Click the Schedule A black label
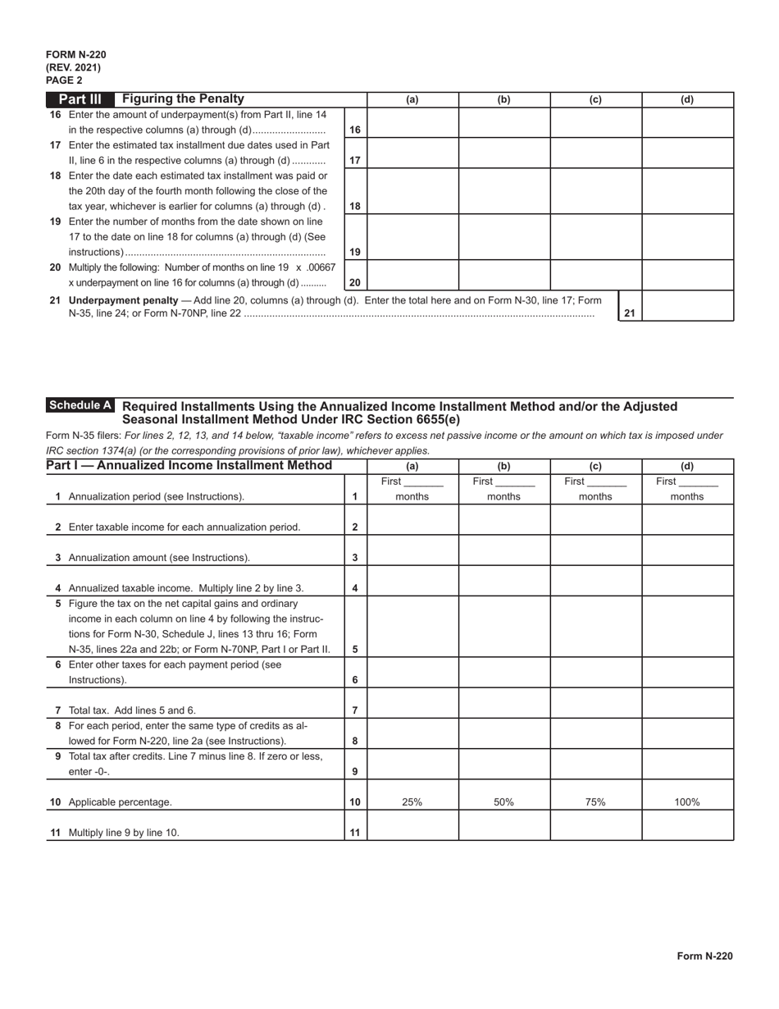pyautogui.click(x=80, y=405)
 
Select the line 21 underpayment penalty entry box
pyautogui.click(x=687, y=305)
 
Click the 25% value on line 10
pyautogui.click(x=412, y=802)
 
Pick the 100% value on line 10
pyautogui.click(x=687, y=802)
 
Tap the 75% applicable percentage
pyautogui.click(x=595, y=802)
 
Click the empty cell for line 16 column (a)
pyautogui.click(x=412, y=122)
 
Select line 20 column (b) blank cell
pyautogui.click(x=504, y=275)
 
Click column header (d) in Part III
pyautogui.click(x=687, y=100)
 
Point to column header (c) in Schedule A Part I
pyautogui.click(x=595, y=466)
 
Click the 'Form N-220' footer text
pyautogui.click(x=704, y=956)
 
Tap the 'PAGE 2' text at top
pyautogui.click(x=64, y=80)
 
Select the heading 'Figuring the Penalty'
pyautogui.click(x=183, y=99)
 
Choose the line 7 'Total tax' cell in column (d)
pyautogui.click(x=687, y=702)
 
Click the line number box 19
pyautogui.click(x=355, y=253)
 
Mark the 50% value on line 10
pyautogui.click(x=504, y=802)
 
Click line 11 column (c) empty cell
pyautogui.click(x=595, y=825)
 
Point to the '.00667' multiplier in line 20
pyautogui.click(x=320, y=267)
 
